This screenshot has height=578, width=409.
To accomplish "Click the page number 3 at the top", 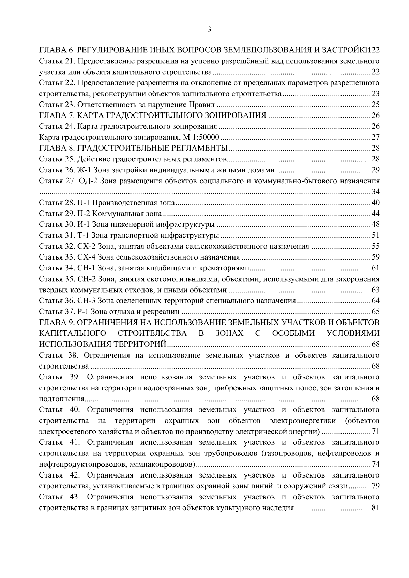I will [x=209, y=30].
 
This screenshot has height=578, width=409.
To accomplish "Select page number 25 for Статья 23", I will [x=375, y=105].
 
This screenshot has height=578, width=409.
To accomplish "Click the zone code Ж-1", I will [x=85, y=170].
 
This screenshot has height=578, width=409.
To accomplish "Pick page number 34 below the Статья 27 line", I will [x=375, y=192].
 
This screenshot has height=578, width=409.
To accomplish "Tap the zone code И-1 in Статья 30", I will [x=84, y=225].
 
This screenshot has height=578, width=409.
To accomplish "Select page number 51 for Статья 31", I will [x=375, y=236].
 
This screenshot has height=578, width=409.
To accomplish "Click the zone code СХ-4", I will [x=88, y=257].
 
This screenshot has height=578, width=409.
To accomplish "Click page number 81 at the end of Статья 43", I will [x=375, y=508].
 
